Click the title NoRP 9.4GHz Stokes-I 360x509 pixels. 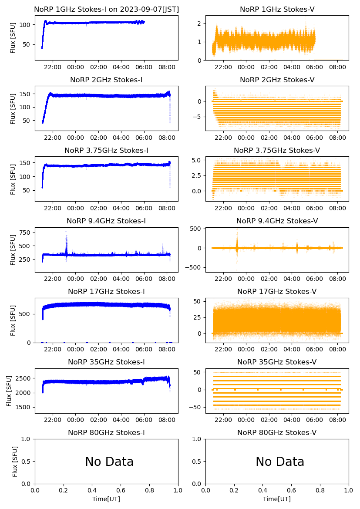coord(106,221)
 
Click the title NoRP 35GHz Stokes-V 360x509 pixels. coord(277,362)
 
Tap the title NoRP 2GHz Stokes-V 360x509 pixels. coord(277,80)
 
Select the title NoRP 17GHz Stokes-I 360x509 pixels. coord(106,292)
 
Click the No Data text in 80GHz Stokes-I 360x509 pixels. coord(109,462)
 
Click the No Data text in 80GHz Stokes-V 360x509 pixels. coord(280,462)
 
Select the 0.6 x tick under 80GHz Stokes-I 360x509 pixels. coord(121,491)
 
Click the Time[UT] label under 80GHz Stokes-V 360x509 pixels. coord(277,499)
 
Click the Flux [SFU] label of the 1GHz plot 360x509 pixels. coord(13,38)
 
